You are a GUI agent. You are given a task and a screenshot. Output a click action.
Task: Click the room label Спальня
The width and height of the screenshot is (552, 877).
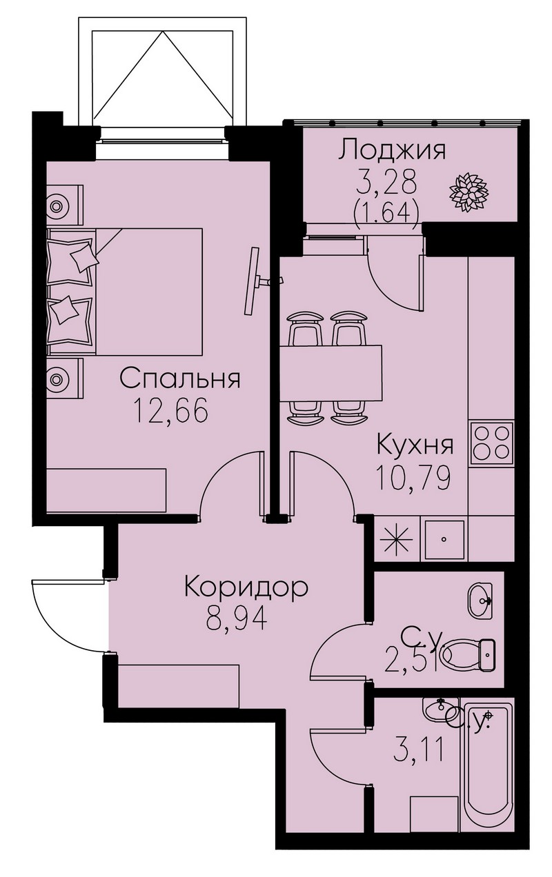click(x=180, y=379)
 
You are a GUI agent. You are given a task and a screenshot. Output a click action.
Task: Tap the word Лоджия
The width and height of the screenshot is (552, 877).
click(x=392, y=151)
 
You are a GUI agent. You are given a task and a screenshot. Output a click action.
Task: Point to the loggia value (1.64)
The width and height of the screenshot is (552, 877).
click(x=386, y=213)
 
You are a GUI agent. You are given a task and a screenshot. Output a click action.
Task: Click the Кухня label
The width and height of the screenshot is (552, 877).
click(x=415, y=445)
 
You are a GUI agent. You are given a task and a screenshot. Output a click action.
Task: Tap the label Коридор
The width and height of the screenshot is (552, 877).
click(x=246, y=587)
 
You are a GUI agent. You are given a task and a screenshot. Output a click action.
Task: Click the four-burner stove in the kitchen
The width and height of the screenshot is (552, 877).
click(x=492, y=445)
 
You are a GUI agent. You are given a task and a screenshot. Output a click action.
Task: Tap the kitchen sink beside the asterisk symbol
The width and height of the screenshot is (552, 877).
click(x=444, y=540)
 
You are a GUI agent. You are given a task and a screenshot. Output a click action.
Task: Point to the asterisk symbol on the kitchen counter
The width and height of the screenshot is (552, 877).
click(x=397, y=539)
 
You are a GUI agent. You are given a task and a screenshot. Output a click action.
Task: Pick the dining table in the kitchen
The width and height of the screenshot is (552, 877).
click(x=331, y=374)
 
